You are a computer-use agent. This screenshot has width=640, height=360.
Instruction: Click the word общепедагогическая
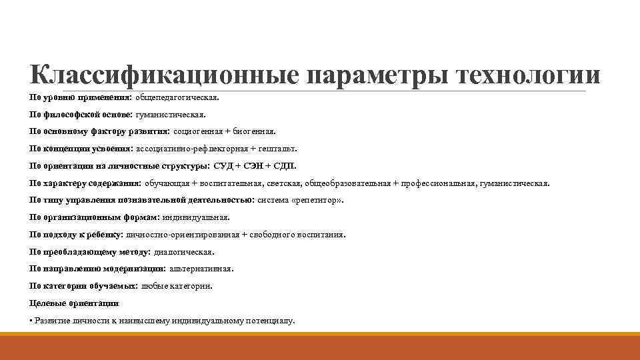tap(177, 97)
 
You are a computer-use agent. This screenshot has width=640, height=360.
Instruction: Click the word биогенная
tap(255, 132)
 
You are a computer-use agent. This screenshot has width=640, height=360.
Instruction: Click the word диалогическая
tap(185, 252)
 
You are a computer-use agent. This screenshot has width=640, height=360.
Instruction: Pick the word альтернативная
tap(201, 269)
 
